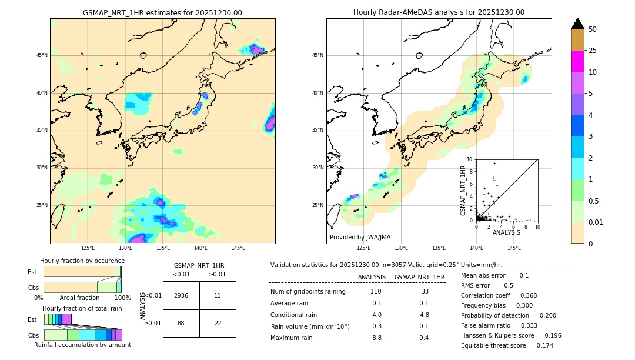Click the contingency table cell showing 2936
181,295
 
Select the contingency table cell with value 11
218,295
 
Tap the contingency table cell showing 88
181,323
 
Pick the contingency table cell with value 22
218,323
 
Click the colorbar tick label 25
593,51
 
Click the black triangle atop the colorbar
578,24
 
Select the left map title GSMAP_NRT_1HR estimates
162,12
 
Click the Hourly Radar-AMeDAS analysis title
439,12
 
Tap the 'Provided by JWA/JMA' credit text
360,238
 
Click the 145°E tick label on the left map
238,248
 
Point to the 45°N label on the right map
317,55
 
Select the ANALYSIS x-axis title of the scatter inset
506,233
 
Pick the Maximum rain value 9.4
423,338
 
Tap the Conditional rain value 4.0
376,314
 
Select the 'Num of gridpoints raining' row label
308,291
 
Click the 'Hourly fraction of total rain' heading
82,308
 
